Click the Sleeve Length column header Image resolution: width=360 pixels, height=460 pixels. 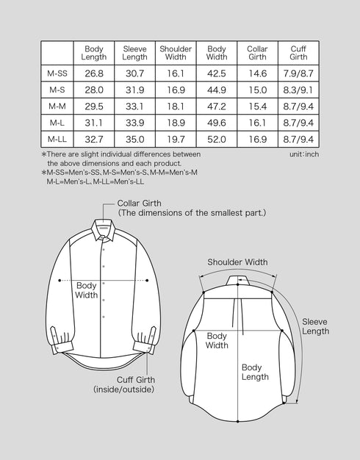134,52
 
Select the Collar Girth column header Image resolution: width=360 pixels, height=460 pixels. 257,52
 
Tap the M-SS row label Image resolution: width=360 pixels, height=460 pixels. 57,73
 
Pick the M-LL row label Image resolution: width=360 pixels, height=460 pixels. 57,139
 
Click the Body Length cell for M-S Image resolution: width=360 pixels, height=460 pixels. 94,90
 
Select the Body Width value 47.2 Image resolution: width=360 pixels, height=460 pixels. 216,106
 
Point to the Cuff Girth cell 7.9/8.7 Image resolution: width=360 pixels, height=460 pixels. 298,73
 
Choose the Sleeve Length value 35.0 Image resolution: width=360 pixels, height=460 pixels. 134,139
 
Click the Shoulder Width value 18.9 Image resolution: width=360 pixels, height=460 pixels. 176,122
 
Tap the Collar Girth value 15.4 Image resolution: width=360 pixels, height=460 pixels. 257,106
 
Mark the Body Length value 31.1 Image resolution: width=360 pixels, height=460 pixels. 94,122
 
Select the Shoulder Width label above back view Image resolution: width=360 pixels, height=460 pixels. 237,262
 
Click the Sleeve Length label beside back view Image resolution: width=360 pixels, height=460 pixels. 315,326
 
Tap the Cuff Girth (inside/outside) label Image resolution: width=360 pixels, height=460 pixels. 123,384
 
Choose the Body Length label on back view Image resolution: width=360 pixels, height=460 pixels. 251,372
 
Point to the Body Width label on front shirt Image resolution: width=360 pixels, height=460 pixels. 86,290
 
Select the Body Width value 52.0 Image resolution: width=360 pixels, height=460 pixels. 216,139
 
